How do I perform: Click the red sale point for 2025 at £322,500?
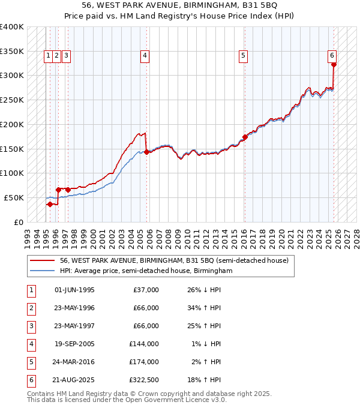(x=334, y=65)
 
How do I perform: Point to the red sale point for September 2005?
(x=147, y=152)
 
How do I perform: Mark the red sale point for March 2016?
(x=245, y=137)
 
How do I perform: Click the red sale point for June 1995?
(x=50, y=204)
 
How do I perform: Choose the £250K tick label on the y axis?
(x=12, y=100)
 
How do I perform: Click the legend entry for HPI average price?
(x=145, y=271)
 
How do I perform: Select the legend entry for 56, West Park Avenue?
(x=174, y=260)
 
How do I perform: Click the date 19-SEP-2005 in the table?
(x=74, y=345)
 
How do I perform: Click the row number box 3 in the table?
(x=31, y=326)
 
